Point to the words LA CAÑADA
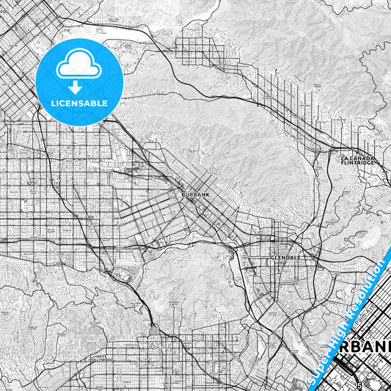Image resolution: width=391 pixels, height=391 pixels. pos(357,158)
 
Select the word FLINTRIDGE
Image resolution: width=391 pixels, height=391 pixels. pos(357,163)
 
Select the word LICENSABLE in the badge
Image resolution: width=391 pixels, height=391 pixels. pos(79,103)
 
